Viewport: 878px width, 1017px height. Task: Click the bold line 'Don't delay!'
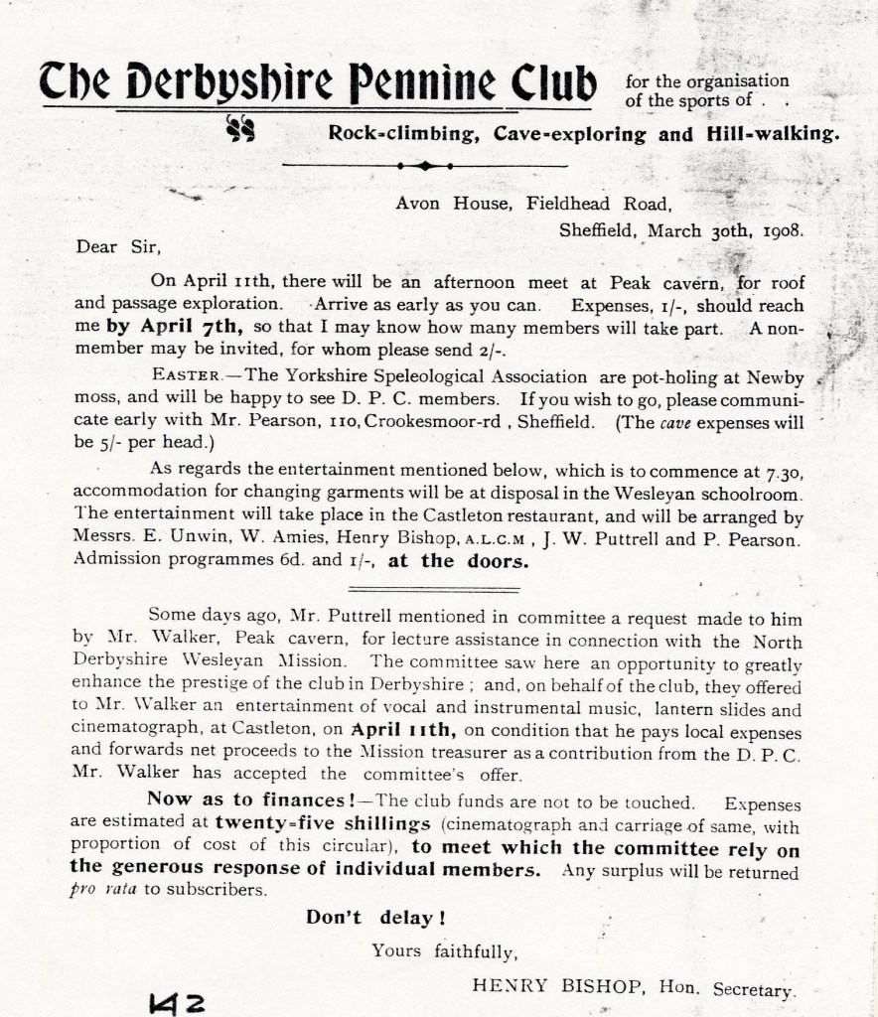[x=373, y=917]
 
